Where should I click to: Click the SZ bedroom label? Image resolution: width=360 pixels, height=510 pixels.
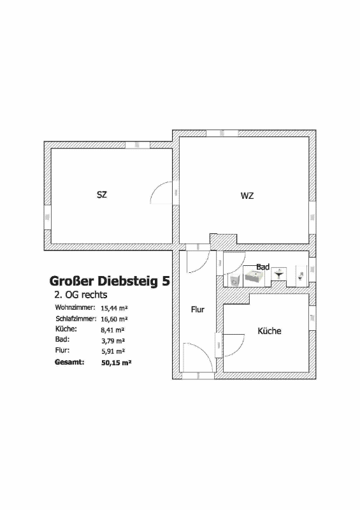tap(102, 194)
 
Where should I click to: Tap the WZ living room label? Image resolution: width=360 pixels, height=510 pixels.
tap(247, 196)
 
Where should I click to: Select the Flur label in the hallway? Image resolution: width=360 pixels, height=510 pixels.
tap(198, 309)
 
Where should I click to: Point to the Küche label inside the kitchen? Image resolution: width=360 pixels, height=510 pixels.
tap(270, 331)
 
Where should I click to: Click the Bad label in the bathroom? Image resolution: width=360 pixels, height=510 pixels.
tap(263, 266)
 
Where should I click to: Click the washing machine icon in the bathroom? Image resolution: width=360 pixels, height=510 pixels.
tap(234, 280)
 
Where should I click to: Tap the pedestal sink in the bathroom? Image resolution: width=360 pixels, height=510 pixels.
tap(279, 274)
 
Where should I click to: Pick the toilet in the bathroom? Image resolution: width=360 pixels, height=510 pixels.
tap(301, 276)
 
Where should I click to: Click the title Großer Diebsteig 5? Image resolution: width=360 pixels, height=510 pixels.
tap(110, 281)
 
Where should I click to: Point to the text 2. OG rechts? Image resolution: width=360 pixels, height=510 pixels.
tap(81, 295)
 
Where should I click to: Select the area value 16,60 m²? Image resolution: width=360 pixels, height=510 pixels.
tap(114, 319)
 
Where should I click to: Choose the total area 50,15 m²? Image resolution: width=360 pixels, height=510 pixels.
tap(116, 363)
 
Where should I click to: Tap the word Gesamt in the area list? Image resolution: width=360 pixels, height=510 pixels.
tap(69, 362)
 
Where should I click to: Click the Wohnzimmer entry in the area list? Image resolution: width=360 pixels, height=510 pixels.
tap(75, 307)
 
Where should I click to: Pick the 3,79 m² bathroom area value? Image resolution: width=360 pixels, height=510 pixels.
tap(113, 341)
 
